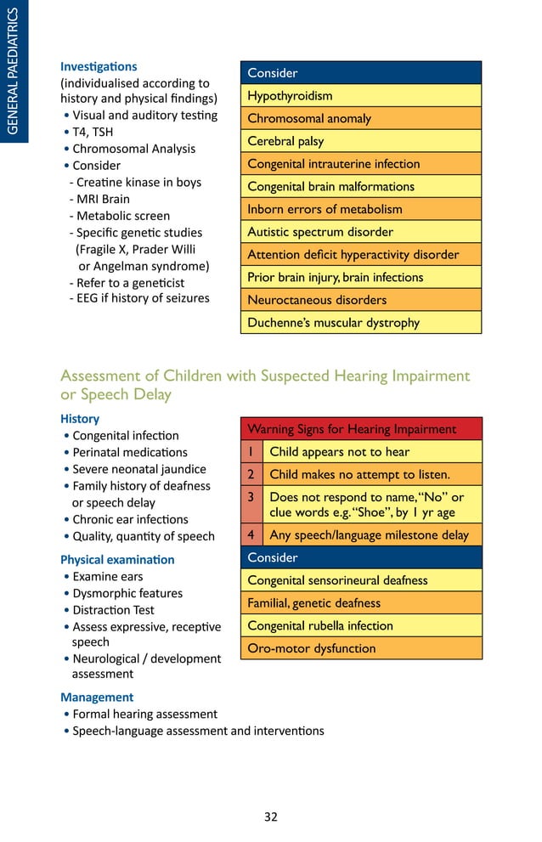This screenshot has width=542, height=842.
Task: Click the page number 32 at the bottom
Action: pyautogui.click(x=270, y=817)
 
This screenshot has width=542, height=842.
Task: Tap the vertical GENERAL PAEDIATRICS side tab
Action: pyautogui.click(x=14, y=71)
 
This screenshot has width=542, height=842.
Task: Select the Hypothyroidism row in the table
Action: pyautogui.click(x=360, y=96)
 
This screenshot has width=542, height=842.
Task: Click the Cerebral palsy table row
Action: pyautogui.click(x=360, y=141)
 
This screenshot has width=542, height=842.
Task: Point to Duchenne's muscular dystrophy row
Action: pyautogui.click(x=360, y=323)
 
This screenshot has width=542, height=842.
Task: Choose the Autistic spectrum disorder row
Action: pyautogui.click(x=360, y=232)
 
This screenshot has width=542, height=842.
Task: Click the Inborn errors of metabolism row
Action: pyautogui.click(x=360, y=209)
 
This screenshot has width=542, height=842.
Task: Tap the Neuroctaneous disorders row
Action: pyautogui.click(x=360, y=300)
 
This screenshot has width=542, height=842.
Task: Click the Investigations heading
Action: pyautogui.click(x=99, y=66)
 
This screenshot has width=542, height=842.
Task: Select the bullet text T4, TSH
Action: pyautogui.click(x=93, y=133)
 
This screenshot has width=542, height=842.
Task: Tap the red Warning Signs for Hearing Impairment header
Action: pyautogui.click(x=360, y=429)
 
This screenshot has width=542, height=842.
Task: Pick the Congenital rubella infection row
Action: pyautogui.click(x=360, y=626)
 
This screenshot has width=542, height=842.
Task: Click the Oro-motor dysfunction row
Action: pyautogui.click(x=360, y=648)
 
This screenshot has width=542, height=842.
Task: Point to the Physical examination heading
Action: pyautogui.click(x=117, y=560)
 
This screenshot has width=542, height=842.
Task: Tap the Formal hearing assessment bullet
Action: pyautogui.click(x=144, y=715)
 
